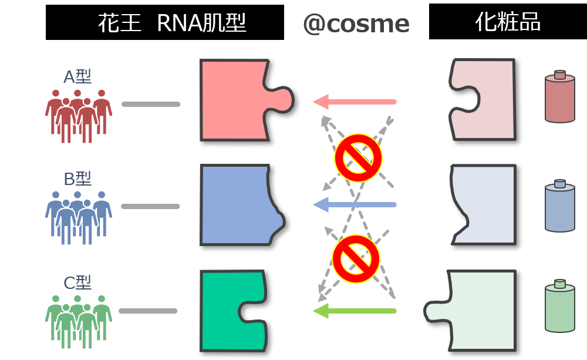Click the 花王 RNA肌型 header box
pyautogui.click(x=165, y=23)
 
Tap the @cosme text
pyautogui.click(x=356, y=23)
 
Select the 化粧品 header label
pyautogui.click(x=508, y=22)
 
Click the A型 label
pyautogui.click(x=77, y=77)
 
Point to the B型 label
pyautogui.click(x=77, y=179)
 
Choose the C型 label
pyautogui.click(x=77, y=282)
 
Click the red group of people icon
pyautogui.click(x=78, y=115)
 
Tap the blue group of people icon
pyautogui.click(x=78, y=217)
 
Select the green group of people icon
pyautogui.click(x=78, y=321)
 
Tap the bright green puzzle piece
pyautogui.click(x=229, y=311)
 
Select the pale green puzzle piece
pyautogui.click(x=478, y=311)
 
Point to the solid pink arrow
pyautogui.click(x=355, y=102)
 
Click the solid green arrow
pyautogui.click(x=355, y=311)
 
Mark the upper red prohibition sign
pyautogui.click(x=358, y=157)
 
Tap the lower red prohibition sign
pyautogui.click(x=356, y=259)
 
